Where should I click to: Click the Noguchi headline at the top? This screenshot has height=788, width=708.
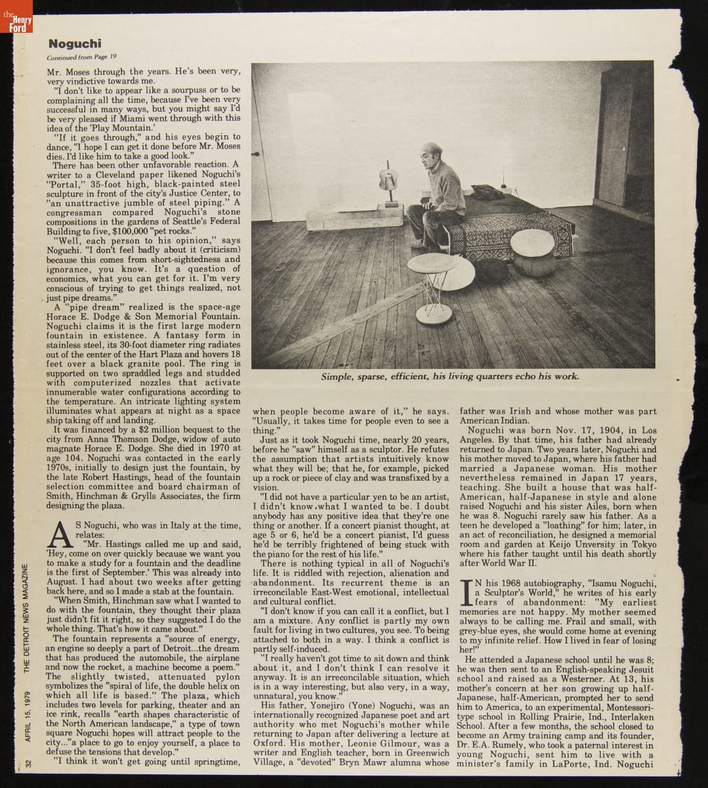click(75, 44)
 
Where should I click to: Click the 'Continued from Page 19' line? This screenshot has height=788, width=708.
click(82, 57)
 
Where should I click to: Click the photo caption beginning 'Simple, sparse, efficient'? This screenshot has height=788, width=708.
click(450, 377)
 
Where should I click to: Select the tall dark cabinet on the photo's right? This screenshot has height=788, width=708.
click(623, 138)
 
